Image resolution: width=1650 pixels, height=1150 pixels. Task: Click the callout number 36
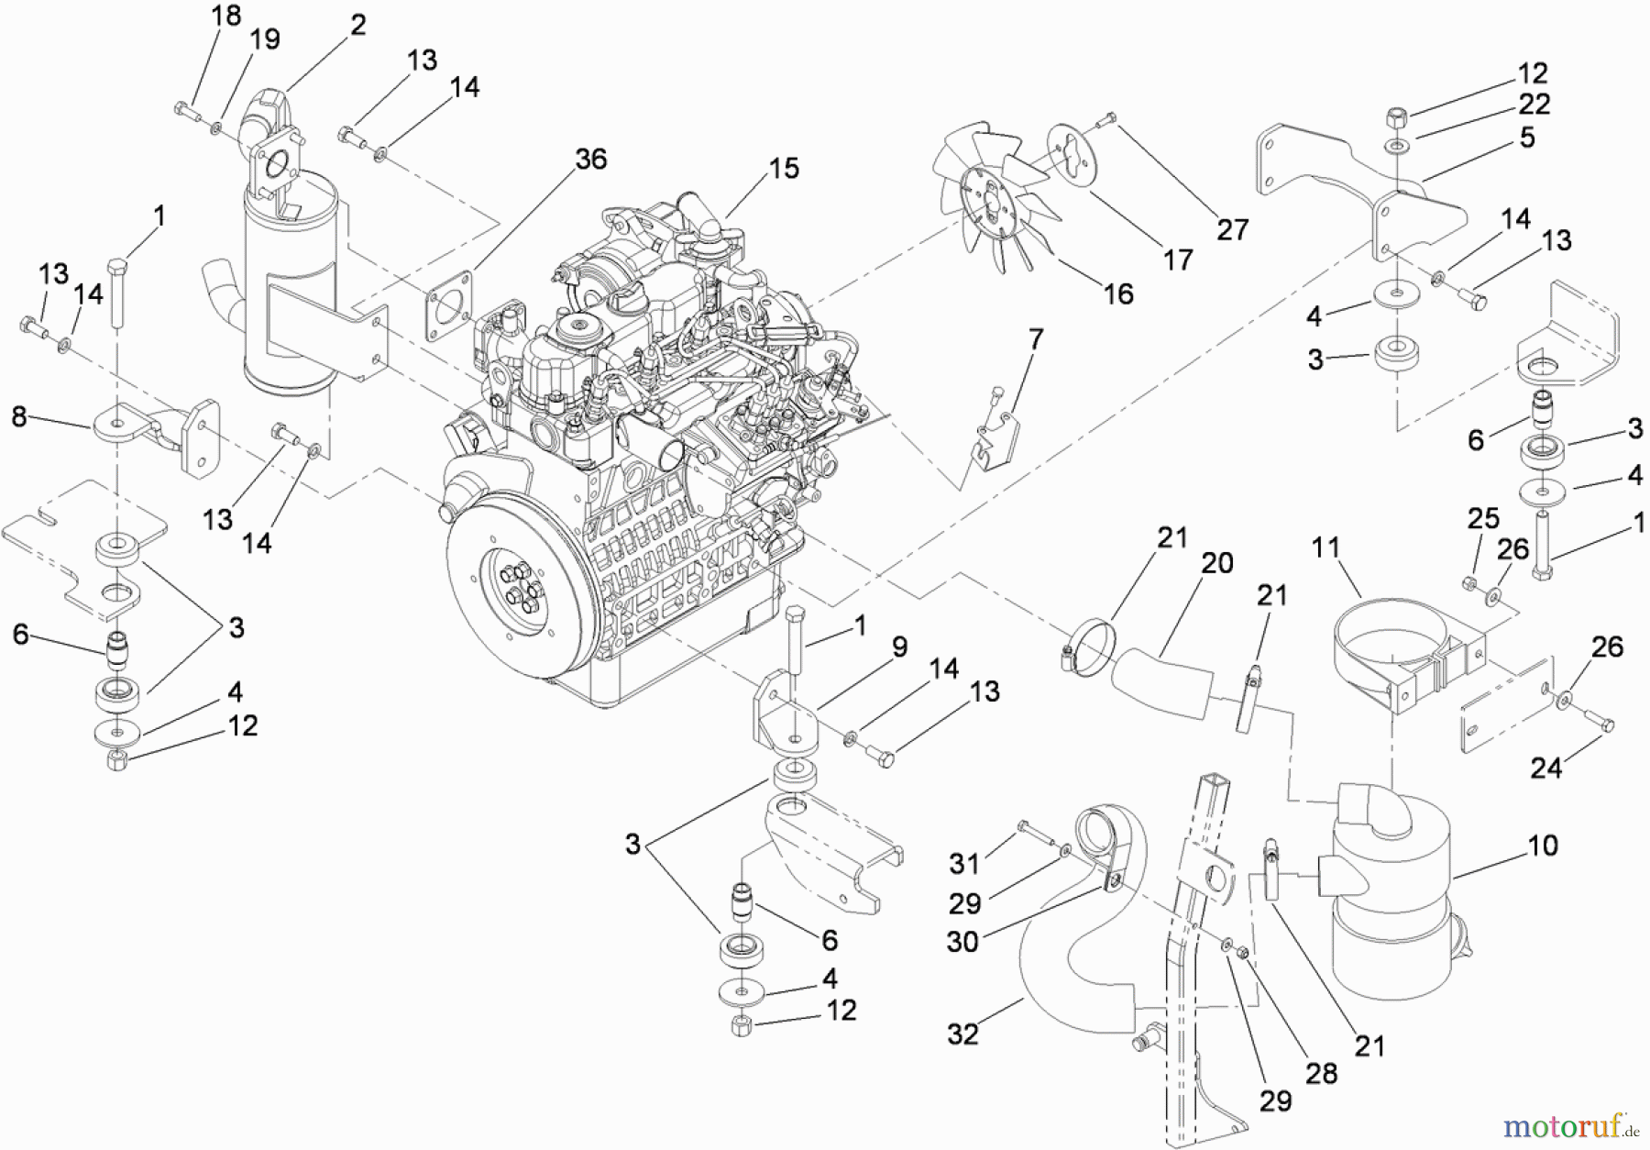tap(590, 160)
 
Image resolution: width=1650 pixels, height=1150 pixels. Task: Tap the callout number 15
tap(784, 169)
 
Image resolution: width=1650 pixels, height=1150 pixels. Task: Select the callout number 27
tap(1232, 229)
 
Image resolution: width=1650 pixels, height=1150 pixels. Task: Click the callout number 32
tap(962, 1034)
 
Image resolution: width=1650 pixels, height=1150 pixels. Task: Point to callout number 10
tap(1543, 846)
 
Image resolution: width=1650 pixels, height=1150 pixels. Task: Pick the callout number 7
tap(1036, 340)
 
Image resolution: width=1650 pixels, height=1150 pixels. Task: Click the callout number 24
tap(1545, 768)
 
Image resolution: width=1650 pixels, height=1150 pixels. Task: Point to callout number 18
tap(225, 16)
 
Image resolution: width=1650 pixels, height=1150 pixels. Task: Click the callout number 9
tap(899, 647)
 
